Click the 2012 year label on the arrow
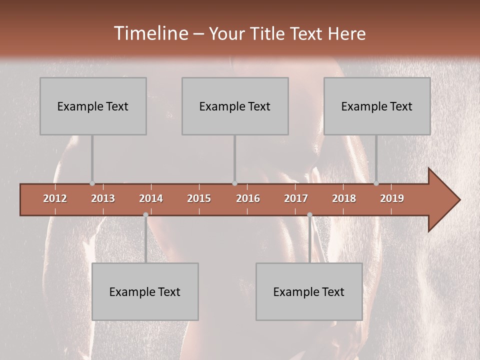coord(55,198)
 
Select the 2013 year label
coord(103,198)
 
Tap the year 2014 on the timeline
coord(151,198)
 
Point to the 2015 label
coord(199,198)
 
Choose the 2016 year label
coord(248,198)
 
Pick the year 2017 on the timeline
coord(296,198)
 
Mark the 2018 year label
coord(344,198)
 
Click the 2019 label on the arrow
coord(392,198)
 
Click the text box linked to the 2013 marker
coord(93,106)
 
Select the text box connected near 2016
coord(235,106)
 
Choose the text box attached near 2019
coord(377,106)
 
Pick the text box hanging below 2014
coord(145,291)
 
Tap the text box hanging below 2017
coord(309,291)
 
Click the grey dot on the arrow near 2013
coord(92,183)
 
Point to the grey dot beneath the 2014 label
coord(145,214)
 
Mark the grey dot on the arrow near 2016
coord(234,183)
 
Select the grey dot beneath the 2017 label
coord(309,214)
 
